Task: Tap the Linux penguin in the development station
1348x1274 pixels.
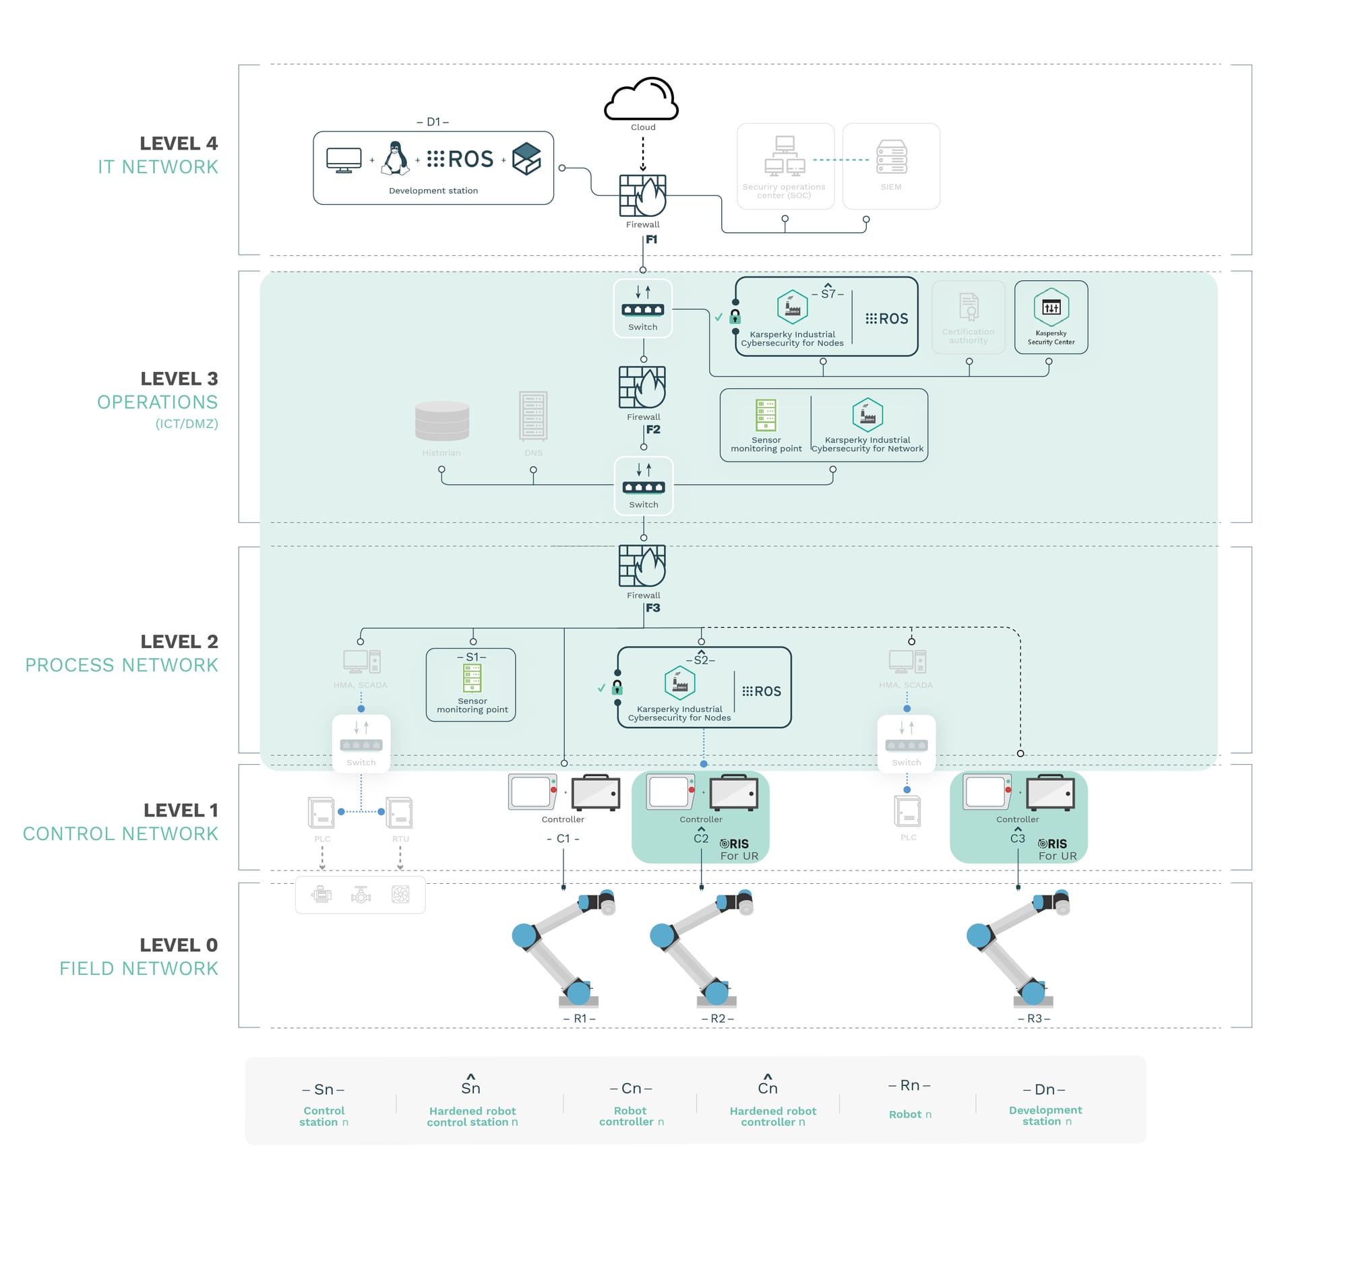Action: pyautogui.click(x=395, y=159)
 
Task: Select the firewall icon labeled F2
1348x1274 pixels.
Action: pyautogui.click(x=642, y=387)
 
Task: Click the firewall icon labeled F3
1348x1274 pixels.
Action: pyautogui.click(x=642, y=565)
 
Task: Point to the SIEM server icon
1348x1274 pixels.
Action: pyautogui.click(x=891, y=157)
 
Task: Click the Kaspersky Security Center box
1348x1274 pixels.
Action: pyautogui.click(x=1050, y=317)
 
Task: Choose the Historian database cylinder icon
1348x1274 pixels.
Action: pyautogui.click(x=441, y=420)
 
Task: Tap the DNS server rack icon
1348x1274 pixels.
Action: pyautogui.click(x=532, y=415)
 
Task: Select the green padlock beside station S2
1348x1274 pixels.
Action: pyautogui.click(x=617, y=687)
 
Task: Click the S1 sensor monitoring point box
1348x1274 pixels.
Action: pyautogui.click(x=471, y=684)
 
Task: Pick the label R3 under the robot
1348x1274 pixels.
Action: pyautogui.click(x=1033, y=1018)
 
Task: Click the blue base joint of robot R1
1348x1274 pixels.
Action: pyautogui.click(x=578, y=992)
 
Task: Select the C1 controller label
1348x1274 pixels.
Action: pyautogui.click(x=563, y=839)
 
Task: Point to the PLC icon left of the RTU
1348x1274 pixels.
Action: pyautogui.click(x=321, y=813)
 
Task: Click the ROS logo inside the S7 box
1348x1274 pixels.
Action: pyautogui.click(x=886, y=319)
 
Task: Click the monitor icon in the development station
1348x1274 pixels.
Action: pyautogui.click(x=343, y=160)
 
